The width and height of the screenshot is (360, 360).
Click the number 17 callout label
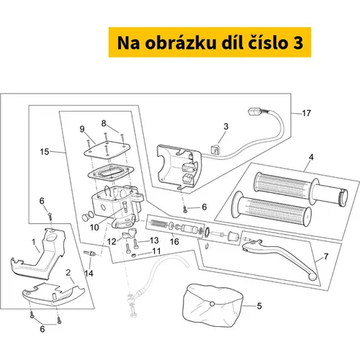306,113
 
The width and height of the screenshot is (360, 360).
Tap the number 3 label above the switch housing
226,127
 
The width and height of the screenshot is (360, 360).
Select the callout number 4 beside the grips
311,157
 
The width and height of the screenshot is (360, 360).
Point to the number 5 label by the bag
259,306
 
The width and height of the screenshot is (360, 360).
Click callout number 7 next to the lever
325,256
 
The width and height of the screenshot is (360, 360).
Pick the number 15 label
45,152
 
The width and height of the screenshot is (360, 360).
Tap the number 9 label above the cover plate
82,129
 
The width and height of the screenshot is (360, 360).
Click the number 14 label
89,273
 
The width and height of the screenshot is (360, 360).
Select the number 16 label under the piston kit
174,241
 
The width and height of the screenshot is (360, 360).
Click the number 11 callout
156,251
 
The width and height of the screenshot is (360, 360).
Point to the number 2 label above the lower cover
68,272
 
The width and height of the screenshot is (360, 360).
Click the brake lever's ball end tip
312,277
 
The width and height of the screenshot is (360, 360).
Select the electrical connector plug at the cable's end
255,112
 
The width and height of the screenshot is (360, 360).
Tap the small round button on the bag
212,304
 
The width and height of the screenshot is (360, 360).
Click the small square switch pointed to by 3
215,150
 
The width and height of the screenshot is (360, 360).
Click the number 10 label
94,228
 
